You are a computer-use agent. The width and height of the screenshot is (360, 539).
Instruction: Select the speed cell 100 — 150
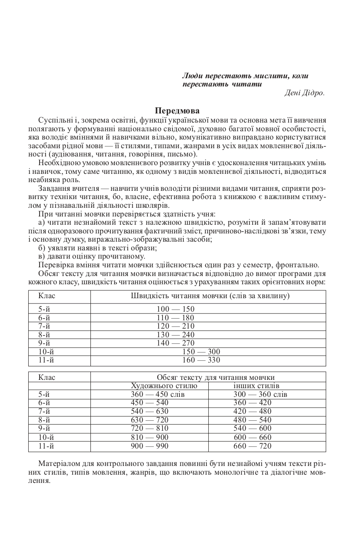point(176,309)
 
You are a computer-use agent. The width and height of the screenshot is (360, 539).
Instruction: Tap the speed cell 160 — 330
point(201,360)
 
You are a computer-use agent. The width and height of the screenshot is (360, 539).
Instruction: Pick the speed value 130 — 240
point(176,335)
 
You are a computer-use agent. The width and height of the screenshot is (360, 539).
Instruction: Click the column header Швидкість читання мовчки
point(210,296)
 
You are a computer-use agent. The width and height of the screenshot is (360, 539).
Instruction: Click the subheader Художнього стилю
point(164,386)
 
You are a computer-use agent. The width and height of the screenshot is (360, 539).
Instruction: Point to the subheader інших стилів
point(256,386)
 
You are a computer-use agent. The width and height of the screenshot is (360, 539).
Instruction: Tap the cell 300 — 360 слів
point(260,394)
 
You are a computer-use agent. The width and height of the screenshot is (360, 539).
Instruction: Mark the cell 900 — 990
point(150,446)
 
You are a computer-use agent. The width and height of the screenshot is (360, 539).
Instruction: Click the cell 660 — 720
point(252,446)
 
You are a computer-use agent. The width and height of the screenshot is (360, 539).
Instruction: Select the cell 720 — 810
point(150,428)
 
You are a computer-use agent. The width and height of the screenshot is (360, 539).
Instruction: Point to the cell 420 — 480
point(252,411)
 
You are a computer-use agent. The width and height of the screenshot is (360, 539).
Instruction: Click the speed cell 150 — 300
point(201,352)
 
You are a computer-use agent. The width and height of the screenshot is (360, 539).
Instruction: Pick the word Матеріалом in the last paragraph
point(59,464)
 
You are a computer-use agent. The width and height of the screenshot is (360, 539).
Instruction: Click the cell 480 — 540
point(252,420)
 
